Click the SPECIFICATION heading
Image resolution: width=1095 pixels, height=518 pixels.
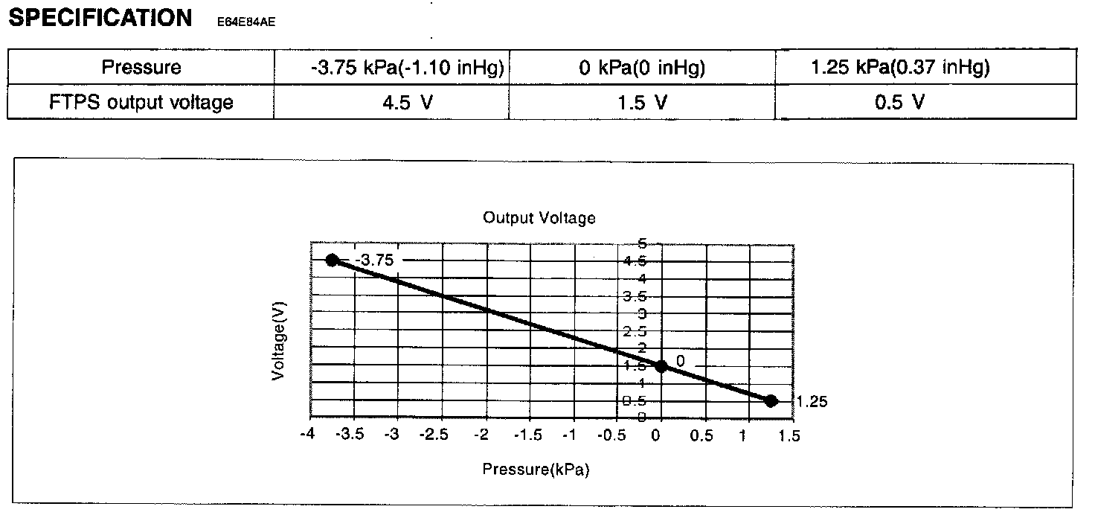[100, 18]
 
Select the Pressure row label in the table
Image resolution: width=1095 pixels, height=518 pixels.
[141, 68]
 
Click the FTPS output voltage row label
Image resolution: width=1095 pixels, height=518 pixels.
[141, 102]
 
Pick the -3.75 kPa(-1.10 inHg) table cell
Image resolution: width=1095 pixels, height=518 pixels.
[408, 68]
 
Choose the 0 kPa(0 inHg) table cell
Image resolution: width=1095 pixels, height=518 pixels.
[642, 68]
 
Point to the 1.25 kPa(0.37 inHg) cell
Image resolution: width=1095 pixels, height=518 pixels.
[900, 68]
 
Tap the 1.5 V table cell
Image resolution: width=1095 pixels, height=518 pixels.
[642, 102]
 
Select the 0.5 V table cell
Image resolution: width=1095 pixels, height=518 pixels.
[900, 102]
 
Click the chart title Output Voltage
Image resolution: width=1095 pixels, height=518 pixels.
[539, 218]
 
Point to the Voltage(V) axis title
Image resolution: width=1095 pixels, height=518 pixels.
[279, 345]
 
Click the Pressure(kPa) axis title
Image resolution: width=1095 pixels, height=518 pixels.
[536, 470]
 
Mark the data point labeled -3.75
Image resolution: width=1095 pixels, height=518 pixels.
[333, 260]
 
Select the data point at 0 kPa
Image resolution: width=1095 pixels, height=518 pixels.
[661, 365]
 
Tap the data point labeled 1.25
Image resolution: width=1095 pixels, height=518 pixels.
[771, 400]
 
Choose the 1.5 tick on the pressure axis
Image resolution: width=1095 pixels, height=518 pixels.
[791, 436]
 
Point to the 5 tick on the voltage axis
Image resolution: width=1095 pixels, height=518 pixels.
[642, 243]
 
